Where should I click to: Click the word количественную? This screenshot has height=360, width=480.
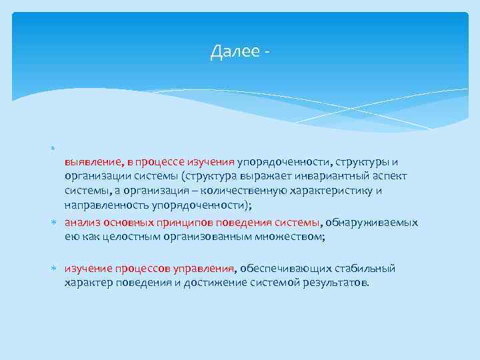pyautogui.click(x=236, y=191)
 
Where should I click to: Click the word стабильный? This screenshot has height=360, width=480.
pyautogui.click(x=363, y=268)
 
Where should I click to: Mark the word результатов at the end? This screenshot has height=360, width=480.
pyautogui.click(x=336, y=283)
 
